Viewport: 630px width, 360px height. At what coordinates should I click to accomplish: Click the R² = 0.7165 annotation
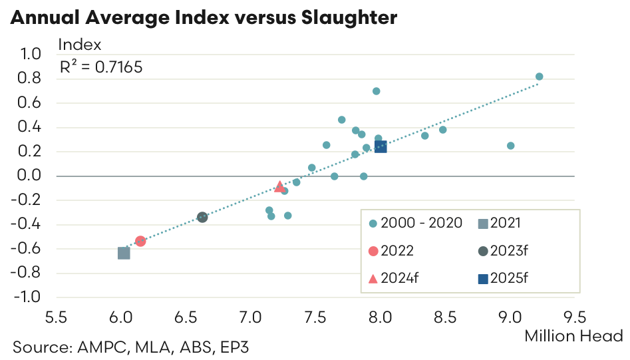point(100,67)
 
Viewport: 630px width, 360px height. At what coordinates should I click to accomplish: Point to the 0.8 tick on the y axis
point(31,79)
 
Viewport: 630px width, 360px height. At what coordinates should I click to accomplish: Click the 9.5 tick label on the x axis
point(575,315)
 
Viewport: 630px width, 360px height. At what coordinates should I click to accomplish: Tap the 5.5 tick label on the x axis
point(56,315)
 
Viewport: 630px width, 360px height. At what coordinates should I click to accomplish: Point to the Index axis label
point(80,45)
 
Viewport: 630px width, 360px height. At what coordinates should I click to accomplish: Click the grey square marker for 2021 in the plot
point(124,253)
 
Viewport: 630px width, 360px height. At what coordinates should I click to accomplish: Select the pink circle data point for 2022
point(140,242)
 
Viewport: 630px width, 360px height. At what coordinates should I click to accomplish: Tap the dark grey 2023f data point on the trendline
point(202,218)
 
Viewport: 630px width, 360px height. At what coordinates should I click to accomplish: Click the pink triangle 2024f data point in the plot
point(279,186)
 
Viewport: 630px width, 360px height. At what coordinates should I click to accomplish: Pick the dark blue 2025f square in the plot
point(381,146)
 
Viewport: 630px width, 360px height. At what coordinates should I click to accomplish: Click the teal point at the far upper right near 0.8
point(540,77)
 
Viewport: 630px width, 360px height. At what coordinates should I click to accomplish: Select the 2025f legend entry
point(522,277)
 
